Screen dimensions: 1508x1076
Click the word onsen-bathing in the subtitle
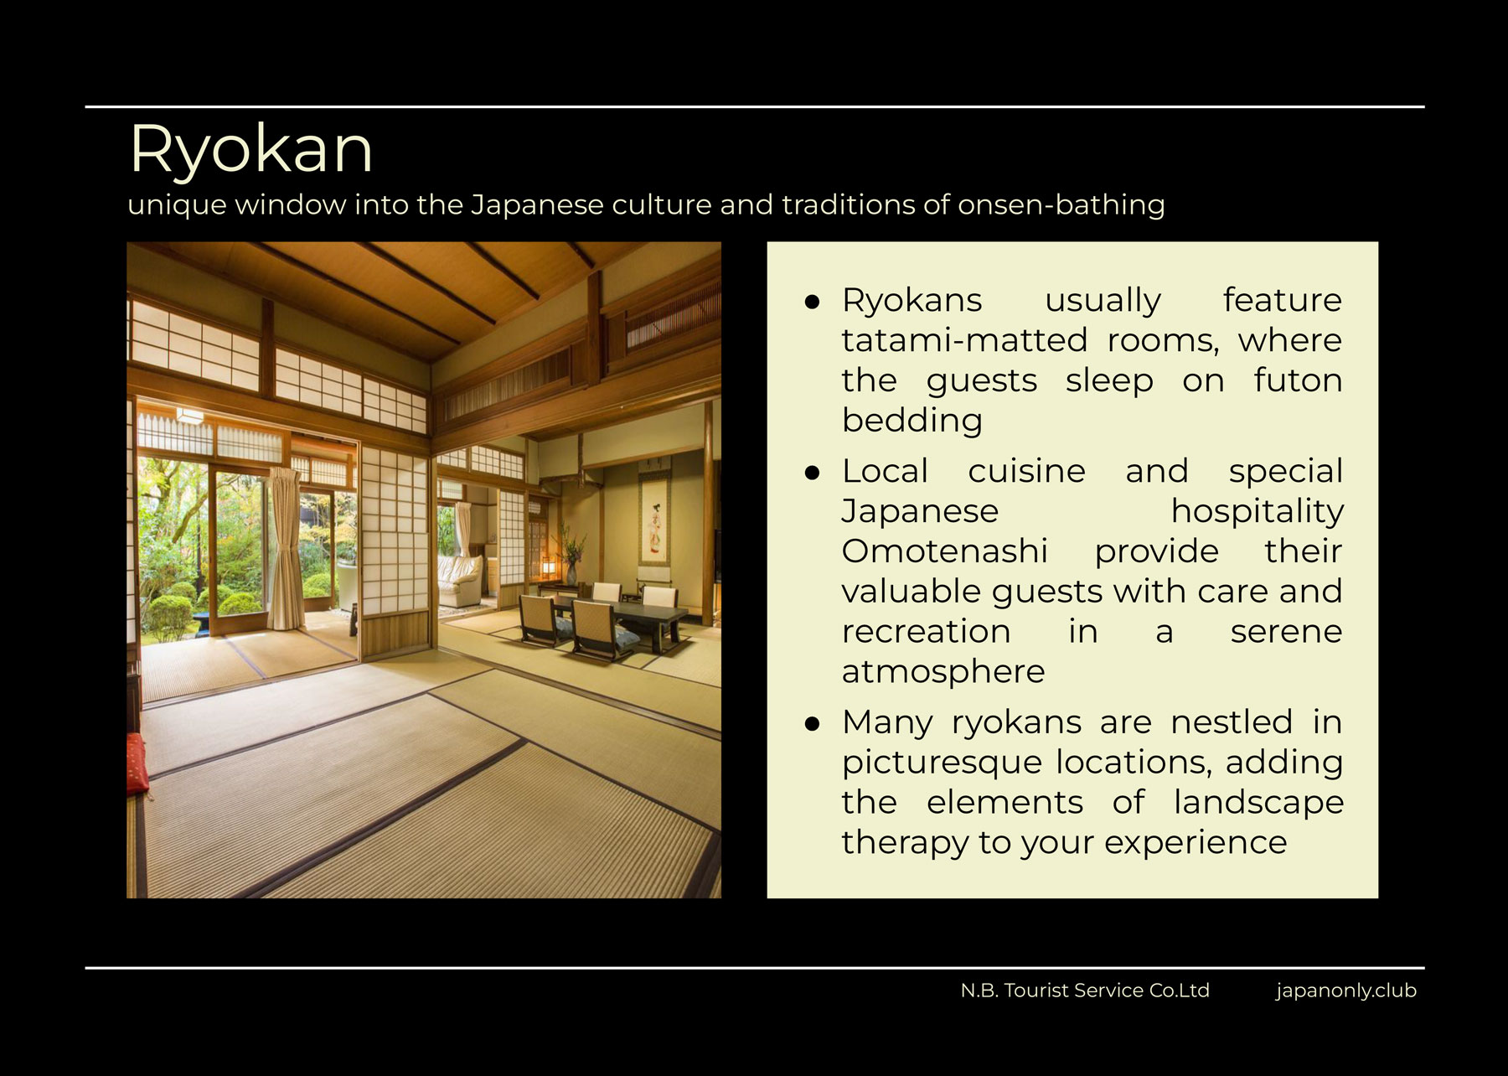point(1061,205)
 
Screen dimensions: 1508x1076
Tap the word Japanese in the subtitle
point(537,205)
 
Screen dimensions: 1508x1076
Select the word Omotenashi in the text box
point(944,551)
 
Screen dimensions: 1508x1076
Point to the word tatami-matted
point(964,341)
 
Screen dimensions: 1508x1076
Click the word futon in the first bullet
point(1298,381)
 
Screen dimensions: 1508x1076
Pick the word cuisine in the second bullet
point(1026,471)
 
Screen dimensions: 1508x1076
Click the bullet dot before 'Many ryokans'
point(811,724)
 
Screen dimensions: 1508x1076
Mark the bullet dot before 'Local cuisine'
point(811,473)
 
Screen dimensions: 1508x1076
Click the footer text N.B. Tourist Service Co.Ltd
point(1085,991)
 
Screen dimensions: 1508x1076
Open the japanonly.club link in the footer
point(1346,991)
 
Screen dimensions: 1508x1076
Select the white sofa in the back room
point(460,581)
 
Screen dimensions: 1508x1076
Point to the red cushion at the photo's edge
point(136,762)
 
